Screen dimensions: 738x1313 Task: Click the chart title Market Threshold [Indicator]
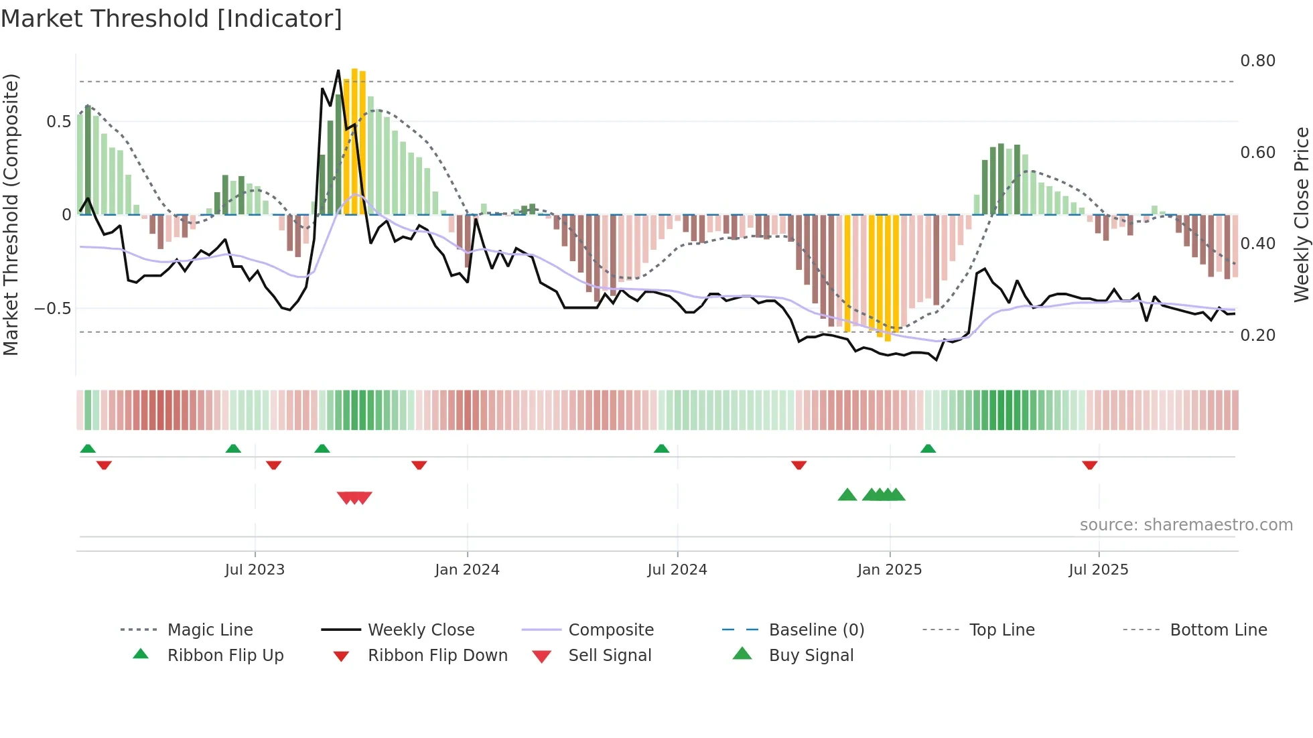[x=171, y=19]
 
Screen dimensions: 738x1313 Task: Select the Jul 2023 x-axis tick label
[x=255, y=570]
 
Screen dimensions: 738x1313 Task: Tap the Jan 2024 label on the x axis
[x=467, y=570]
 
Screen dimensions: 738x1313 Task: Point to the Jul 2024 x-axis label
[x=677, y=570]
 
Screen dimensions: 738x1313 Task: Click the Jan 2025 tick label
[x=890, y=570]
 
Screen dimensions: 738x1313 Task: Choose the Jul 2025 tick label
[x=1099, y=570]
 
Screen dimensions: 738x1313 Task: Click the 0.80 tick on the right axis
[x=1257, y=61]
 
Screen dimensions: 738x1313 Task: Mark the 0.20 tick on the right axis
[x=1257, y=335]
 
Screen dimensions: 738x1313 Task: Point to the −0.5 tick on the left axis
[x=52, y=309]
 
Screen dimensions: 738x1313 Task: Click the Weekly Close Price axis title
[x=1301, y=214]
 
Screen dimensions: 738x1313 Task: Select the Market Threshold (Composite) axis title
[x=11, y=214]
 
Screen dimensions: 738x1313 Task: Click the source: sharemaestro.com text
[x=1186, y=525]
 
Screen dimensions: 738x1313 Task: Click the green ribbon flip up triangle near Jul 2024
[x=661, y=449]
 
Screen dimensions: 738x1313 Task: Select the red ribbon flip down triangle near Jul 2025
[x=1090, y=465]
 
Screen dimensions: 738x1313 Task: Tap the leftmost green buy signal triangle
[x=847, y=495]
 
